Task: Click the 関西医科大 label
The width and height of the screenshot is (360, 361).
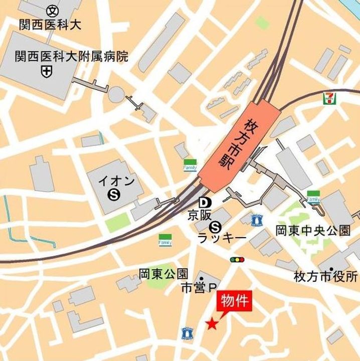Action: [x=50, y=24]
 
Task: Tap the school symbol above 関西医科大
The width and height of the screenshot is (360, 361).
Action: [x=52, y=10]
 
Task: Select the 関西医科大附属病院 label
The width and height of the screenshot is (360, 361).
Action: [x=71, y=56]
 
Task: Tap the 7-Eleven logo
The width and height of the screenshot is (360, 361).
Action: [x=328, y=98]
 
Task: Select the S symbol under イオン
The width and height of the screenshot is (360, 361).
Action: [x=115, y=193]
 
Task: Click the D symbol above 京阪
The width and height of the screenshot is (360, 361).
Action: [x=204, y=203]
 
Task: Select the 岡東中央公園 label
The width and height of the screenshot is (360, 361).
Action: [x=313, y=231]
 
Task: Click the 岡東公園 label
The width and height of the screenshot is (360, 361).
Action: [x=163, y=274]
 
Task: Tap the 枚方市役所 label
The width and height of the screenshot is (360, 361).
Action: [x=326, y=276]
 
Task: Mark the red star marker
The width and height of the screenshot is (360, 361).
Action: [x=212, y=324]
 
